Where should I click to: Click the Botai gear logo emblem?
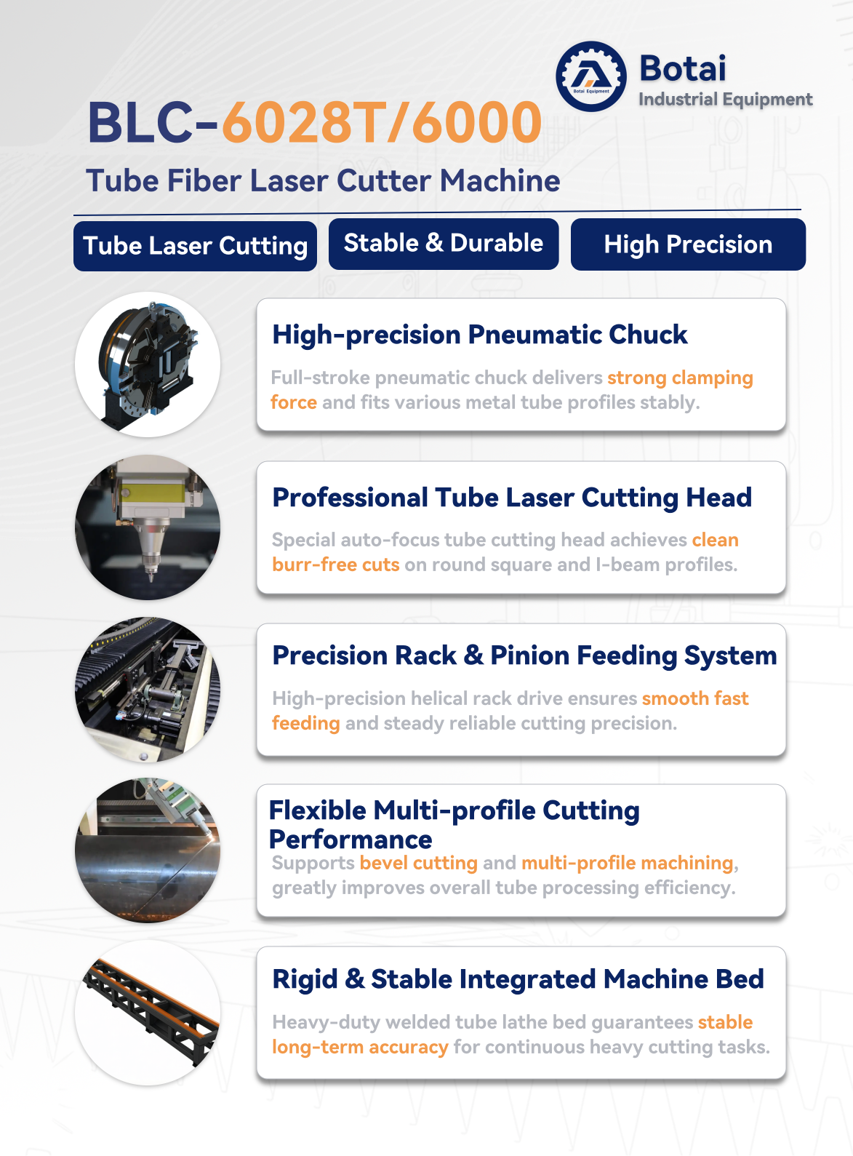click(x=591, y=76)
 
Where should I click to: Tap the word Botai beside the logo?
click(x=683, y=68)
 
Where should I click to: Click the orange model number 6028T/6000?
click(x=382, y=122)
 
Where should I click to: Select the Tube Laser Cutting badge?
click(x=195, y=246)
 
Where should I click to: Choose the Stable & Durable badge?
click(x=444, y=244)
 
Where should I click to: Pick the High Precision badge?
click(x=688, y=244)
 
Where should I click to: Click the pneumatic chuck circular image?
click(x=148, y=364)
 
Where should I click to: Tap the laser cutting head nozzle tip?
click(x=151, y=578)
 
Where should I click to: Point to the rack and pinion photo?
click(x=148, y=690)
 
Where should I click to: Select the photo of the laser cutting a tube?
click(x=148, y=850)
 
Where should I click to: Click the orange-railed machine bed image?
click(x=148, y=1013)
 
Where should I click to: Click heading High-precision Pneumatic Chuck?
click(x=479, y=335)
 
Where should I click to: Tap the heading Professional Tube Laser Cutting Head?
click(x=512, y=498)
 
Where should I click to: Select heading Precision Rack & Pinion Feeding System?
click(x=524, y=656)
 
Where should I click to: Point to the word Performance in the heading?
click(x=351, y=840)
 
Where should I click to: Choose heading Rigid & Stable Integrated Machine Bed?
click(x=518, y=978)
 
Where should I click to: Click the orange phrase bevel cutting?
click(x=418, y=863)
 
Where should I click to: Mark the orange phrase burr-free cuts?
click(x=335, y=565)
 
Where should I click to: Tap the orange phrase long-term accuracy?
click(x=360, y=1047)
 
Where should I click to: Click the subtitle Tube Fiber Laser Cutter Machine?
click(x=323, y=181)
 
